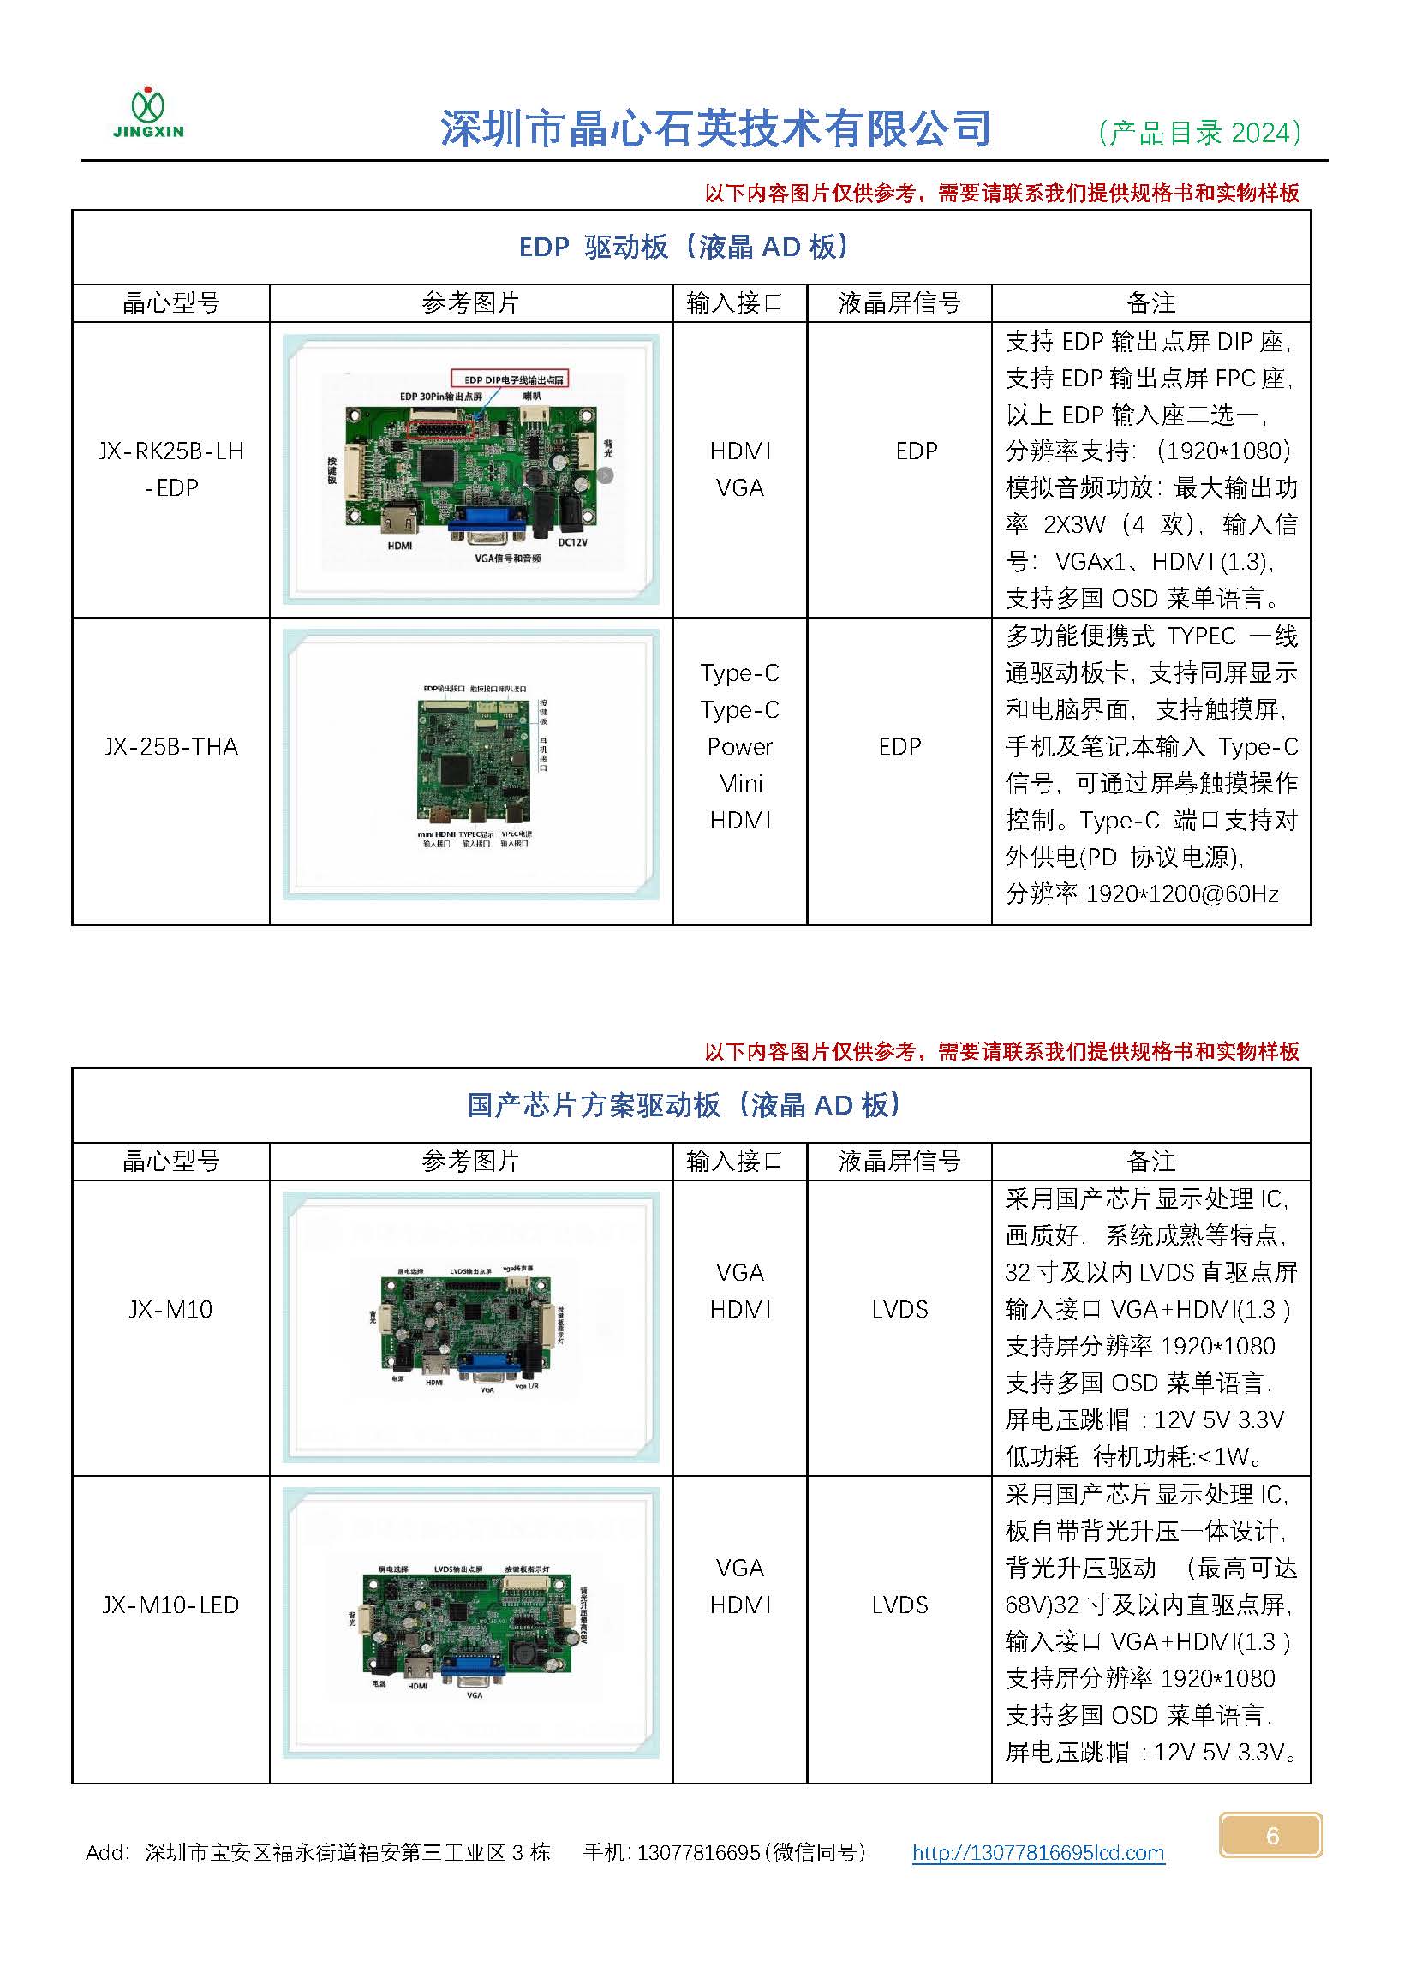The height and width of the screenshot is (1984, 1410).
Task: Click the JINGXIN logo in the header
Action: pyautogui.click(x=148, y=114)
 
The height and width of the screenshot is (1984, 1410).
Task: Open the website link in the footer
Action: pyautogui.click(x=1037, y=1853)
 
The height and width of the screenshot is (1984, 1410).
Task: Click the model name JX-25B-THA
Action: pyautogui.click(x=170, y=747)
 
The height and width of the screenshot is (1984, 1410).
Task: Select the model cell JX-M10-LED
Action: pyautogui.click(x=170, y=1605)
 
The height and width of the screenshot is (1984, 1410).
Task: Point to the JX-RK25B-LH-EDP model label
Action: pyautogui.click(x=170, y=469)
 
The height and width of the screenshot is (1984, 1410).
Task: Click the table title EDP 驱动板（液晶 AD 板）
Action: pyautogui.click(x=684, y=248)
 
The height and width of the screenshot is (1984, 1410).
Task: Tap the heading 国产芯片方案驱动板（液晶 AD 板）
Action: pyautogui.click(x=684, y=1105)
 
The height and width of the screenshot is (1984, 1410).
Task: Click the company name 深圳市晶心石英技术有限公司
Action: pyautogui.click(x=715, y=129)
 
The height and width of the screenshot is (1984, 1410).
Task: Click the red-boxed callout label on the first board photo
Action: pyautogui.click(x=510, y=379)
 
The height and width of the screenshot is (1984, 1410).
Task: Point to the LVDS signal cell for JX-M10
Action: pyautogui.click(x=899, y=1309)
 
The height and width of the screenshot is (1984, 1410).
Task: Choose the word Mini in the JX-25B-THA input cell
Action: pyautogui.click(x=740, y=783)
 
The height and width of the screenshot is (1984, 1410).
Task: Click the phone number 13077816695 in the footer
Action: pyautogui.click(x=698, y=1853)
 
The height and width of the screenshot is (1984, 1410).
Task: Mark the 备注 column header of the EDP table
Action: pyautogui.click(x=1150, y=303)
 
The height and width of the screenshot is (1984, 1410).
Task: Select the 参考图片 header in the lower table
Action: pyautogui.click(x=470, y=1161)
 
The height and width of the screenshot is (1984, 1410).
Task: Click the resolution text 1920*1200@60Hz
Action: pyautogui.click(x=1182, y=893)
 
